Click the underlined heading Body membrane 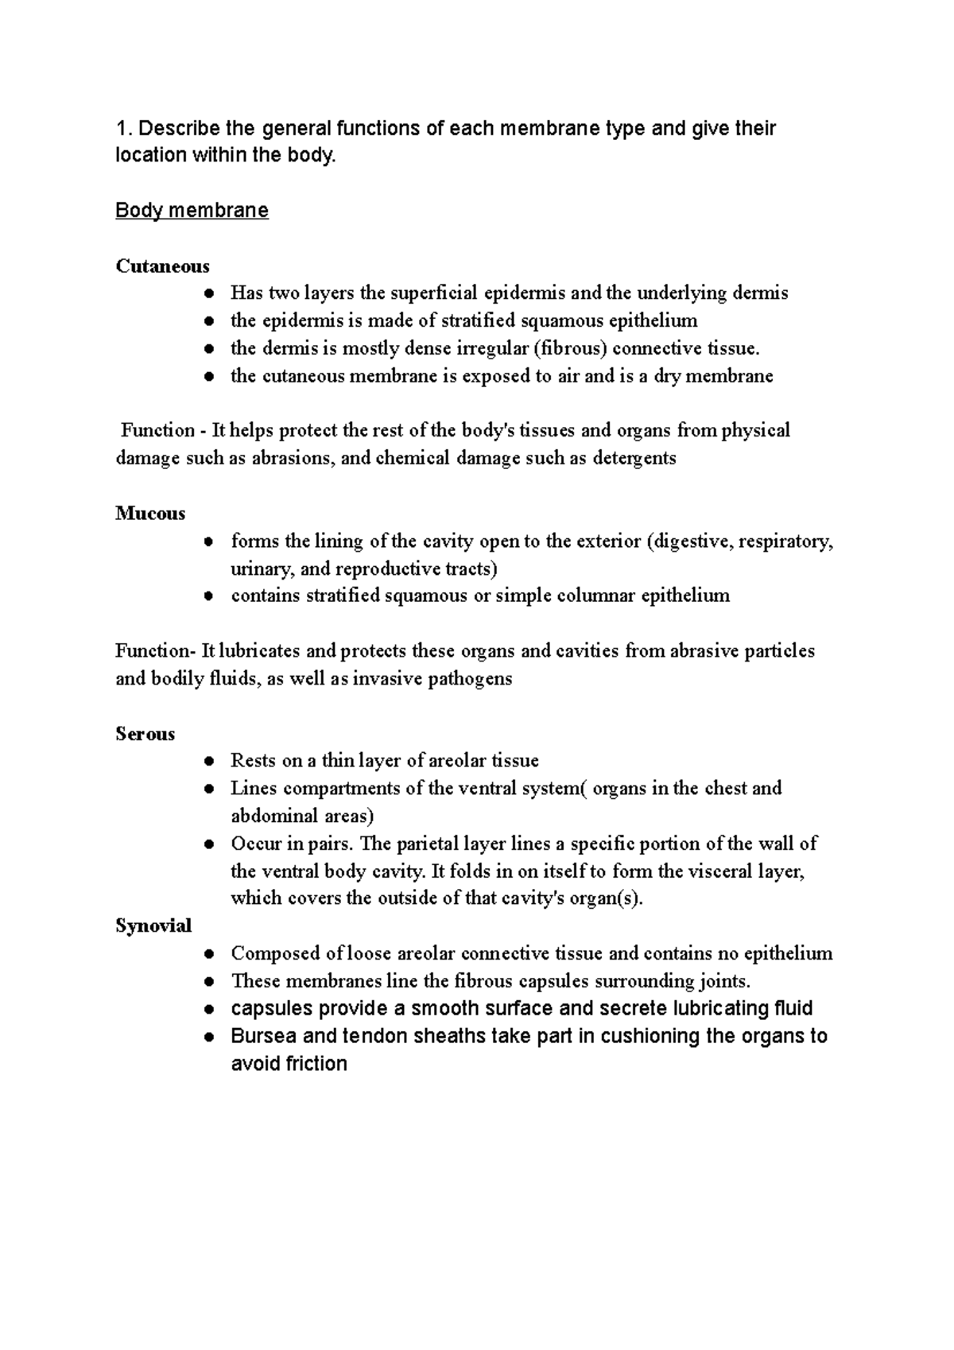point(192,211)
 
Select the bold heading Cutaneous point(162,266)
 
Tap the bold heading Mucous point(150,514)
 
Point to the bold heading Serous point(145,734)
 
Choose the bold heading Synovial point(153,925)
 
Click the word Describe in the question point(169,128)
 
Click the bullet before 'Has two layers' point(207,293)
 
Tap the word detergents point(634,458)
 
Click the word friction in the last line point(318,1064)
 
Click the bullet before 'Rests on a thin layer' point(207,761)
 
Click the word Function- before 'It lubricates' point(155,651)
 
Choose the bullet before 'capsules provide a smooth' point(207,1009)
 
